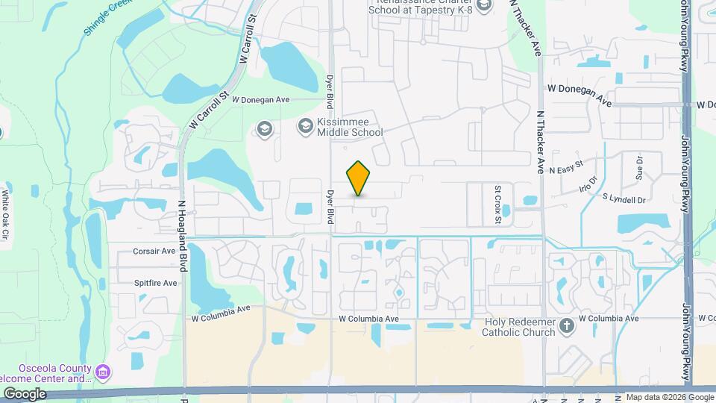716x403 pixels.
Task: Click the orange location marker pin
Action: [x=359, y=178]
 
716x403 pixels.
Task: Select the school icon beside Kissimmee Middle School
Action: [x=305, y=126]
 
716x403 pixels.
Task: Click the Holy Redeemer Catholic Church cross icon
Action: [x=568, y=325]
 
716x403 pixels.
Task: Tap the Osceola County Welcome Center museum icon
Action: [x=104, y=370]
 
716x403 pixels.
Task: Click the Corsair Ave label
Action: [x=154, y=252]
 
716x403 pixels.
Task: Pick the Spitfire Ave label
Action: [x=155, y=283]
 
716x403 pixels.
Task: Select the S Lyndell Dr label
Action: [x=623, y=199]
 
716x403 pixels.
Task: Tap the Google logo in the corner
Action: [x=25, y=393]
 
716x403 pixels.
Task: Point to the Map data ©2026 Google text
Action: [x=670, y=397]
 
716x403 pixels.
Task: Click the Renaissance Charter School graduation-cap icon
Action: [x=484, y=6]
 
